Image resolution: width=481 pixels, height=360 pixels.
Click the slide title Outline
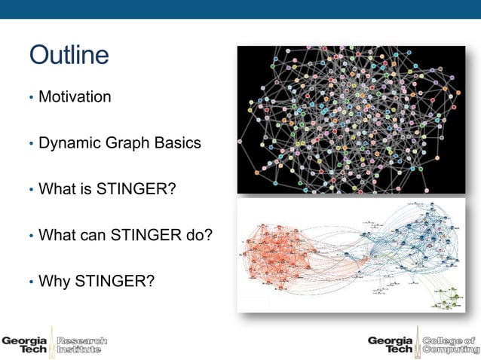point(69,55)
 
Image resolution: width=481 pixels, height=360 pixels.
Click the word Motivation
point(75,97)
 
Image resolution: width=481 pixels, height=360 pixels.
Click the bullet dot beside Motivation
point(31,98)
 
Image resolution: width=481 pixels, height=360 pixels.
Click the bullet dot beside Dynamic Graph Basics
point(31,143)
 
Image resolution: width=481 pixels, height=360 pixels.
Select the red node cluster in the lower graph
point(279,256)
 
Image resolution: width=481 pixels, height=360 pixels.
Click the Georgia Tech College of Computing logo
point(421,343)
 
